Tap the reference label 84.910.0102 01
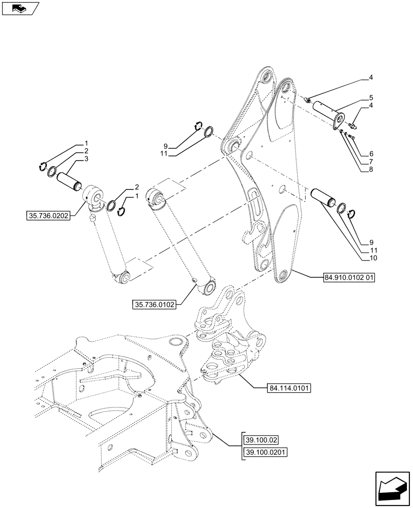[x=348, y=278]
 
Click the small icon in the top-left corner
[x=20, y=9]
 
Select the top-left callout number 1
[x=86, y=143]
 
